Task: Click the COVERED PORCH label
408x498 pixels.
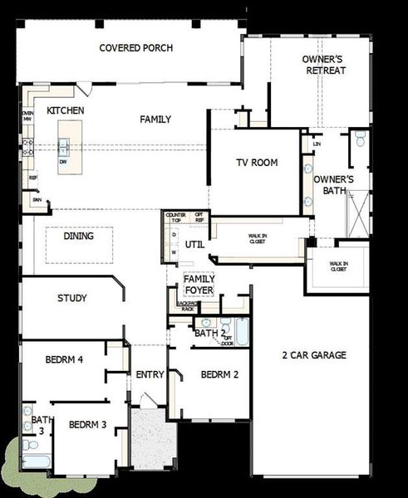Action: coord(136,48)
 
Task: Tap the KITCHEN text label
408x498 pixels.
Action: coord(66,110)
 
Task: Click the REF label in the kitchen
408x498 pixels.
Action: coord(33,178)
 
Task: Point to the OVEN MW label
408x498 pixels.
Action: coord(27,116)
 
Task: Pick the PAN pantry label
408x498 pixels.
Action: coord(37,199)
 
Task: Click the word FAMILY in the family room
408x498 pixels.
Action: coord(155,120)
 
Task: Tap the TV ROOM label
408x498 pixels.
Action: coord(257,163)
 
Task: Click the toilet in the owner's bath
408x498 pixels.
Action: coord(360,137)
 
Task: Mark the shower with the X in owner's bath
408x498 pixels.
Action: coord(359,214)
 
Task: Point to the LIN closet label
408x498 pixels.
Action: coord(317,144)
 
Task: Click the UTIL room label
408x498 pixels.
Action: coord(194,245)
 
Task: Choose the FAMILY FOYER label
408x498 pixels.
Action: coord(199,285)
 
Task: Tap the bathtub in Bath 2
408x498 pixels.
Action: coord(240,332)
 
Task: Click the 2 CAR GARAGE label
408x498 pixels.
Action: coord(313,355)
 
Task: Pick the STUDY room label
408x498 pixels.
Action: coord(72,297)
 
